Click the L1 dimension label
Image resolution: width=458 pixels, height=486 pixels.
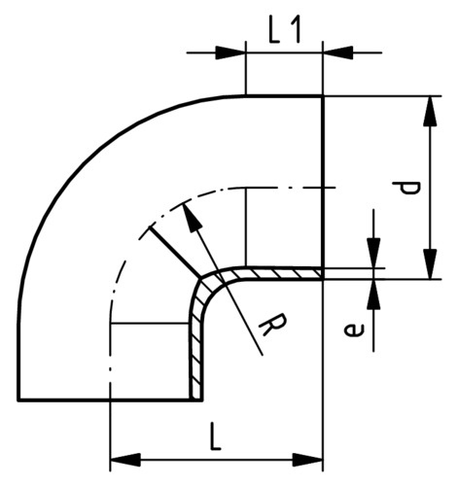[x=285, y=30]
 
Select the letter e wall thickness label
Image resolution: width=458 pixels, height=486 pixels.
[x=354, y=330]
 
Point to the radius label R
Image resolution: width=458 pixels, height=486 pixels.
[x=272, y=325]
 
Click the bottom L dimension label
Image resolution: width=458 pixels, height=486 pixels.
[x=215, y=436]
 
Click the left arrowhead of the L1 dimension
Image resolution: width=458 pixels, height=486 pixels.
[x=229, y=52]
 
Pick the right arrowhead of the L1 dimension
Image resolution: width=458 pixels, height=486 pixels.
[x=338, y=52]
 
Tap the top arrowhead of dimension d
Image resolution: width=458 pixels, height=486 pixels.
[x=431, y=111]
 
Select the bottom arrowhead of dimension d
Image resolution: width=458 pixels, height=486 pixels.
[x=431, y=263]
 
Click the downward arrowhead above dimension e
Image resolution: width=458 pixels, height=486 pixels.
[x=373, y=254]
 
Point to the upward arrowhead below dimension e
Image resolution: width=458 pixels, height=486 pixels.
[x=373, y=294]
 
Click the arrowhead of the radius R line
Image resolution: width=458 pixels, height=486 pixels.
[x=193, y=216]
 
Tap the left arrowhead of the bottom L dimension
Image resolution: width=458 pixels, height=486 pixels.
[x=125, y=460]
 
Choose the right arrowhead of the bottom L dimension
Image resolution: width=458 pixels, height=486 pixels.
[x=307, y=460]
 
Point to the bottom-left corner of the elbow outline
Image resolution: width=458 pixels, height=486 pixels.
[x=18, y=399]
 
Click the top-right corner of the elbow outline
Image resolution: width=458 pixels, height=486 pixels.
[x=323, y=96]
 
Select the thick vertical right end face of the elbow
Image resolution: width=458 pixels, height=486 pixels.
[x=323, y=188]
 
